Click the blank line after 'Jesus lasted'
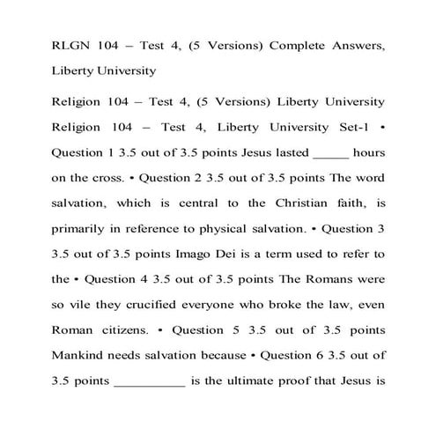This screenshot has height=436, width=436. point(330,152)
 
